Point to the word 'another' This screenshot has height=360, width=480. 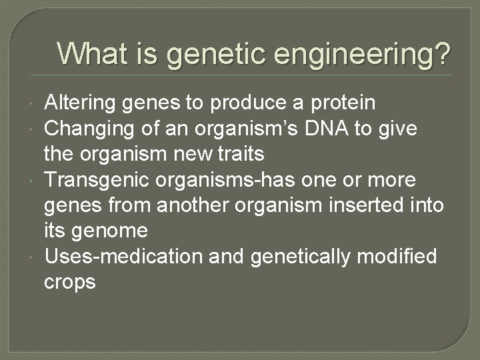click(x=184, y=207)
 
